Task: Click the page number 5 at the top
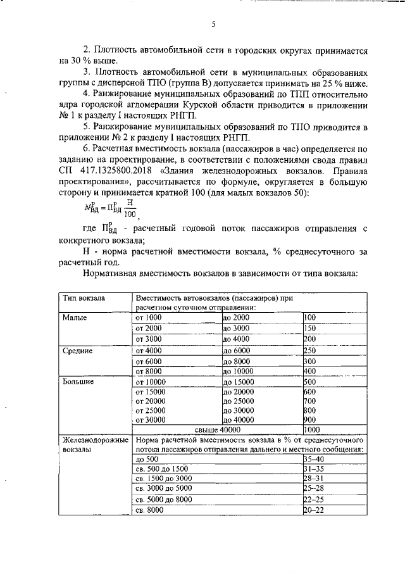coord(213,25)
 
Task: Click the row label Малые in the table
coord(74,317)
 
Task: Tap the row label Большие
coord(78,382)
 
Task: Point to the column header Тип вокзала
coord(84,297)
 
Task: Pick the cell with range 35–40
coord(314,458)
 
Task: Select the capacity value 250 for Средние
coord(310,350)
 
